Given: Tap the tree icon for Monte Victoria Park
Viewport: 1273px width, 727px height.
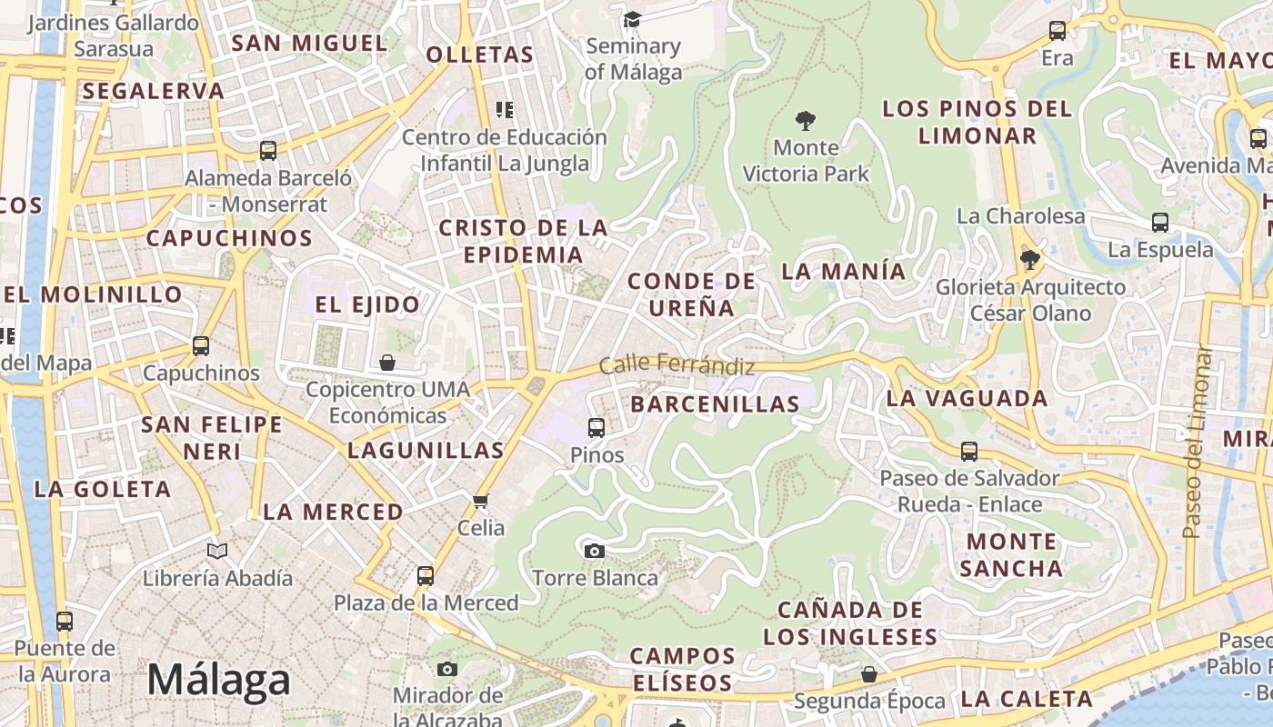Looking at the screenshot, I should pos(805,120).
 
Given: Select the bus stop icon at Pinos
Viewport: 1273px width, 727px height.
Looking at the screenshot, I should pos(596,427).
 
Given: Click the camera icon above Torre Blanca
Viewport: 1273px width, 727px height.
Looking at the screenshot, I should pos(594,550).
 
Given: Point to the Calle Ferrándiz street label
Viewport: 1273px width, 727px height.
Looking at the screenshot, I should pos(677,365).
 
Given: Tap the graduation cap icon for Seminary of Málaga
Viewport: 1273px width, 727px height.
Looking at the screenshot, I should pos(632,19).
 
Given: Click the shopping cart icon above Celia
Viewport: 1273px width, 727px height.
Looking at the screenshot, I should pos(481,501).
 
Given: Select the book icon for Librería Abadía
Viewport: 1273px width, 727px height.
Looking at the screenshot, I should pos(217,551).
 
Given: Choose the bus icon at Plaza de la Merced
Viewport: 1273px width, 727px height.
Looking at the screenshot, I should pos(426,575).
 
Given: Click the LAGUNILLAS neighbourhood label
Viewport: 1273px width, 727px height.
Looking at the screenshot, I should pos(426,450).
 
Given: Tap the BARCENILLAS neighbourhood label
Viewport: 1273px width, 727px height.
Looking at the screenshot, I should pos(715,404).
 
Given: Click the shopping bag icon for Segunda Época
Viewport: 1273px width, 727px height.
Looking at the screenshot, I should pos(869,674).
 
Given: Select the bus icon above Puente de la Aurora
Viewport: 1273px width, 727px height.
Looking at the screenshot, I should pos(64,622).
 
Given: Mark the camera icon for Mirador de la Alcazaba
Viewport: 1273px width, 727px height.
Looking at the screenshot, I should pos(446,669).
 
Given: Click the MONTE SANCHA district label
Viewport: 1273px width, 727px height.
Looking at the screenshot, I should pos(1011,555).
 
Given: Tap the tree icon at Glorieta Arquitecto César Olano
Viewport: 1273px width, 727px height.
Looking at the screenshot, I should pos(1029,260).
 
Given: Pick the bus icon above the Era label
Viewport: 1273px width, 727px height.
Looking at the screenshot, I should pos(1057,31).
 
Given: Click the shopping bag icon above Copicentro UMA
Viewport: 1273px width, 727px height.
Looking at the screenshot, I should pos(387,363).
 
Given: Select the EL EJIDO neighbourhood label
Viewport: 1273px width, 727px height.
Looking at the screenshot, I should pos(367,304).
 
